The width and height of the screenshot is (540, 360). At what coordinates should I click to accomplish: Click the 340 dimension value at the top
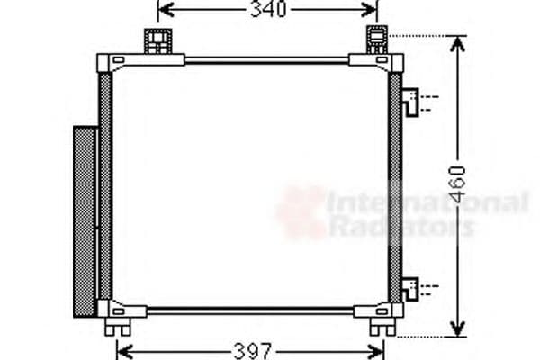[267, 10]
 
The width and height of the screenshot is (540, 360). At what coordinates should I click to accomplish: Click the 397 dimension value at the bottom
[251, 349]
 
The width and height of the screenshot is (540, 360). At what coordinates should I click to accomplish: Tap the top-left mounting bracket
[158, 40]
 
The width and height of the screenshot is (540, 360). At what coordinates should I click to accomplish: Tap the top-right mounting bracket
[377, 40]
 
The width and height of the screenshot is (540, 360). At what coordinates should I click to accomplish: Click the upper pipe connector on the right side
[410, 101]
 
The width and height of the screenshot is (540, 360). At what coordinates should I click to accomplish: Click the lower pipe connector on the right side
[410, 288]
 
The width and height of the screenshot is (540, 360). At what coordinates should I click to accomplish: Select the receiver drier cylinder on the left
[84, 220]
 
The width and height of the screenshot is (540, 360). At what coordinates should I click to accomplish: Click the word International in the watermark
[427, 202]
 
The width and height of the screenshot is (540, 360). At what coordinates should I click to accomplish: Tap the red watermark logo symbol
[301, 212]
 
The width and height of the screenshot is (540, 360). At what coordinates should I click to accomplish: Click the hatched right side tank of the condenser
[394, 189]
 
